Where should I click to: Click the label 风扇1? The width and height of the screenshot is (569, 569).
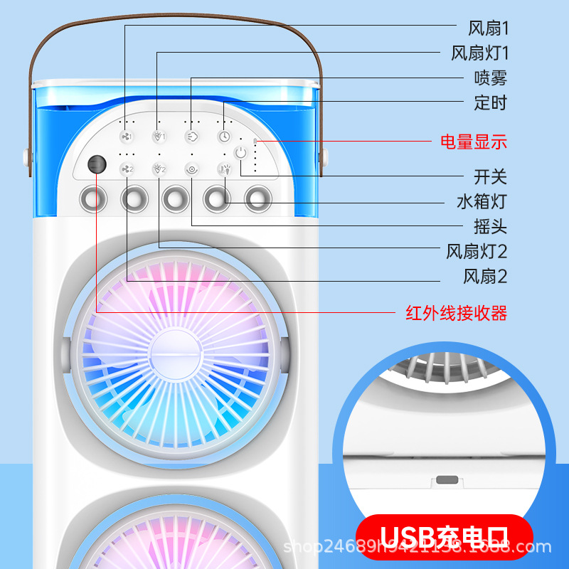click(488, 28)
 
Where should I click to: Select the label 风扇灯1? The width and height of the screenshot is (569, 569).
click(480, 53)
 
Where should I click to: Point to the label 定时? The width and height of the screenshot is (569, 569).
click(491, 103)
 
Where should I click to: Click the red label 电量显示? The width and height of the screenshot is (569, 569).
click(474, 142)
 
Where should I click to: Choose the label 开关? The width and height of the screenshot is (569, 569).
click(491, 176)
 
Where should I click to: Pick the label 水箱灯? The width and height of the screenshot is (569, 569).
click(482, 201)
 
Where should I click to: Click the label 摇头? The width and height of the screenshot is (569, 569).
click(491, 228)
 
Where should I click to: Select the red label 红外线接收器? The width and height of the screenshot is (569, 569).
click(456, 312)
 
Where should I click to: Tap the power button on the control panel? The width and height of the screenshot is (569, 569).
click(241, 152)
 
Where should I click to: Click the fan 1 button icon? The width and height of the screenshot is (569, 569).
click(127, 136)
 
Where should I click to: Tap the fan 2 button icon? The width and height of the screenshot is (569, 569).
click(127, 169)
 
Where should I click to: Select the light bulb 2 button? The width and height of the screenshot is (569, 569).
click(159, 169)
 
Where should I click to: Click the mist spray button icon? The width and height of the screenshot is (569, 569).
click(191, 136)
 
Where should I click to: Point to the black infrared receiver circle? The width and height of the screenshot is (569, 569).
click(95, 164)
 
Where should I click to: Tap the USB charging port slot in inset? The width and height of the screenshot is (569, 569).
click(446, 480)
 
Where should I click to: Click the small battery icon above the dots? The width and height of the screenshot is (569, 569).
click(255, 141)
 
